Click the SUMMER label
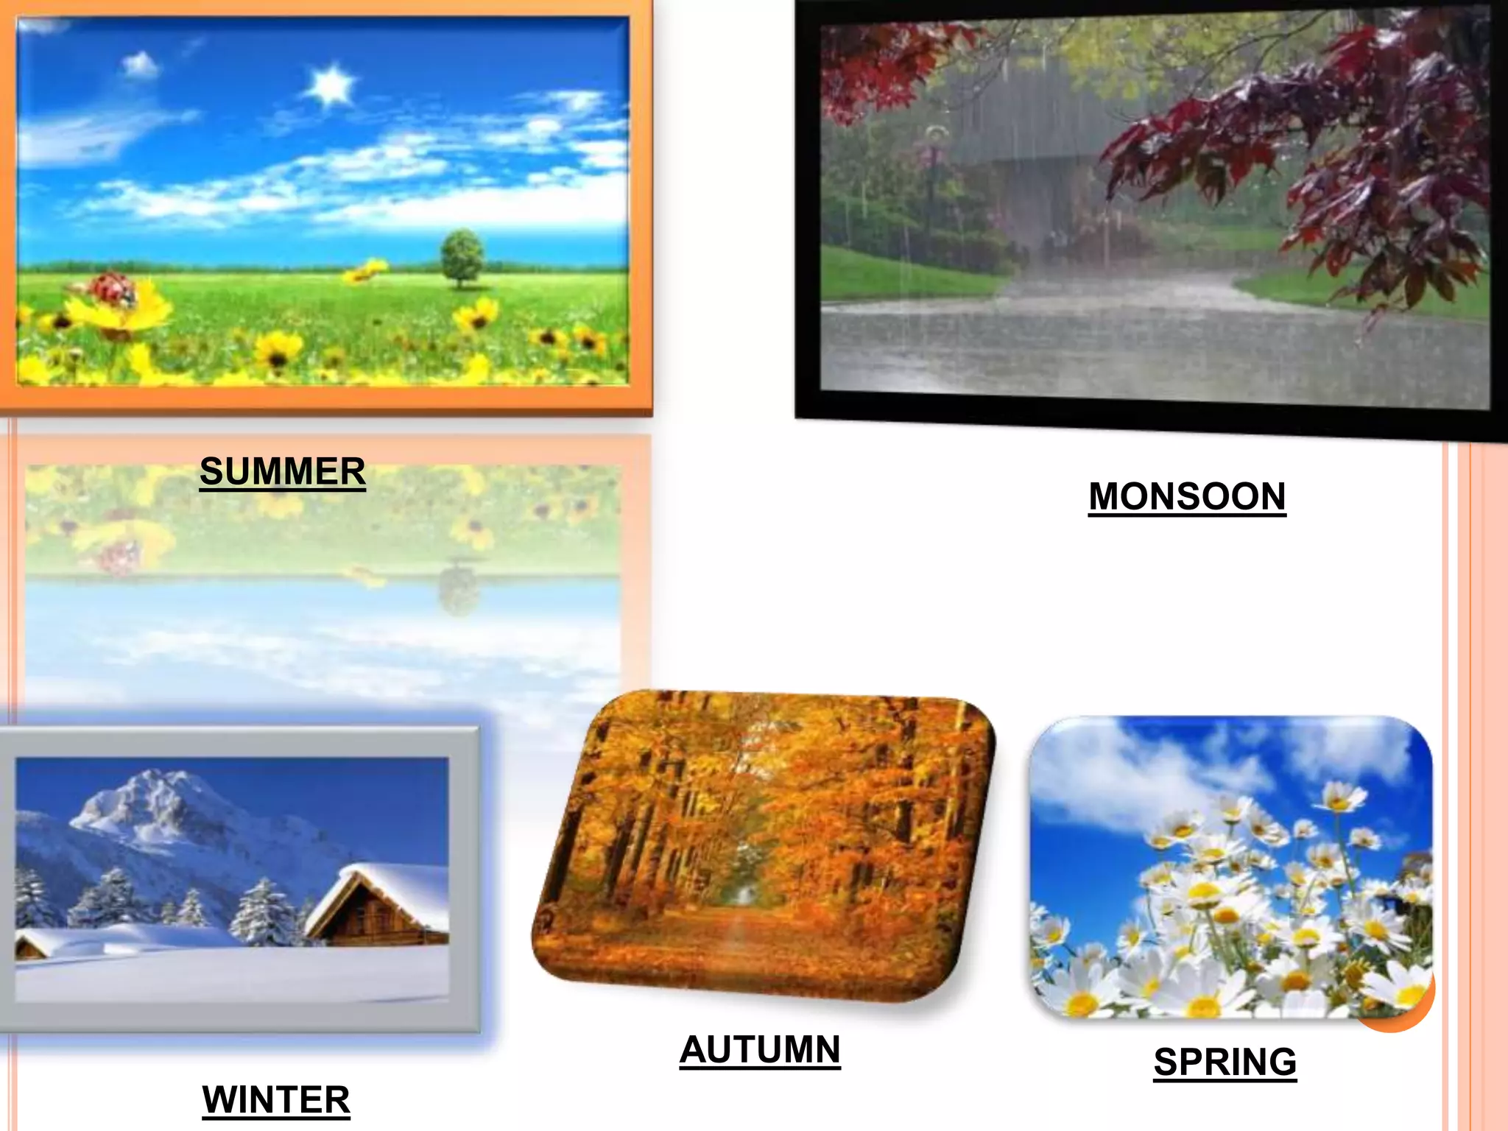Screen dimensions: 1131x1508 283,471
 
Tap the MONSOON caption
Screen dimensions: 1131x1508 1187,496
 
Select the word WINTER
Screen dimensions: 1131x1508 276,1100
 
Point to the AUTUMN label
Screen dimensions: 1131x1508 760,1049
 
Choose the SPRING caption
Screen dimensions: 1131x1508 1225,1062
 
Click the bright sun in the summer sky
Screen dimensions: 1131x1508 331,85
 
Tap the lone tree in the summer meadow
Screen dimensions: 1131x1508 462,257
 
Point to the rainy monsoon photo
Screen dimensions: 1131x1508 1152,214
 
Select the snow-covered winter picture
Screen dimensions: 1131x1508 232,880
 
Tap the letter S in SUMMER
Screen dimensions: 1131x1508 211,471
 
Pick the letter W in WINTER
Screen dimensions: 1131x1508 220,1100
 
